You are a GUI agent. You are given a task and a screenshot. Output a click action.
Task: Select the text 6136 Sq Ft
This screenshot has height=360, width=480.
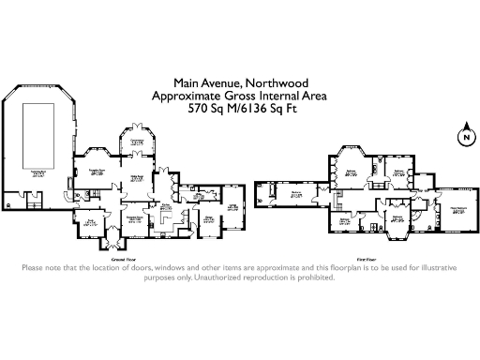[278, 109]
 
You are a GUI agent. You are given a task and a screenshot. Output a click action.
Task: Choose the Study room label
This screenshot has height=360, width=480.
[91, 222]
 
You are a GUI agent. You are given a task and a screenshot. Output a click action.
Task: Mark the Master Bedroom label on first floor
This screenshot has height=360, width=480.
[458, 211]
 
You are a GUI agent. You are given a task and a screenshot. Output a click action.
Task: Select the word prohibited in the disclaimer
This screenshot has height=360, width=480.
[308, 277]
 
